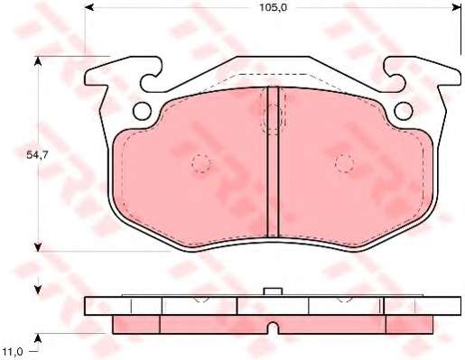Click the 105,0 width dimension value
pos(274,8)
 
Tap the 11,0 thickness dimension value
pos(12,352)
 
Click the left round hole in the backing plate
pos(142,111)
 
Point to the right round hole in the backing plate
pos(403,111)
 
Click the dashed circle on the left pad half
pos(201,163)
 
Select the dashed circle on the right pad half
pos(344,163)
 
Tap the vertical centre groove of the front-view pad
pos(273,162)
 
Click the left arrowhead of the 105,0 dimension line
pos(89,7)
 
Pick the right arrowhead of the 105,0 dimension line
pos(457,7)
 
